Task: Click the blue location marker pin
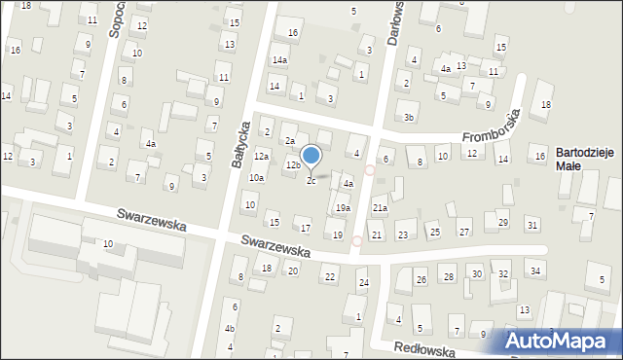(311, 156)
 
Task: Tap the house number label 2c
(311, 180)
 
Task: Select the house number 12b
(292, 166)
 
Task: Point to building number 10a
(256, 178)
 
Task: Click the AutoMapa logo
(560, 341)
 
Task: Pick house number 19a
(343, 208)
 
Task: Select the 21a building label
(380, 208)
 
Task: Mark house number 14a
(279, 60)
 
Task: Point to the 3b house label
(410, 118)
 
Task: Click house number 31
(531, 226)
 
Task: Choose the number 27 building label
(464, 232)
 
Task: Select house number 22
(330, 277)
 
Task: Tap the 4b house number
(230, 328)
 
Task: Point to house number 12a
(261, 157)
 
